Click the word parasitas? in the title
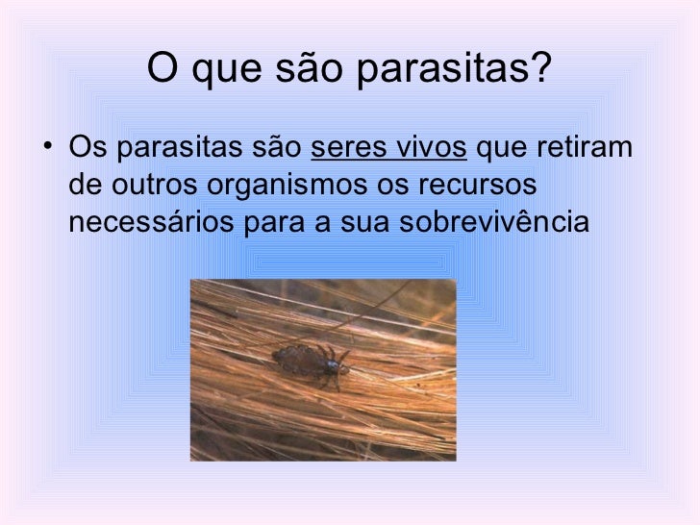coord(456,68)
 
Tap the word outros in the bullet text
coord(139,187)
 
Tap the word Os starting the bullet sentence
coord(83,150)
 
